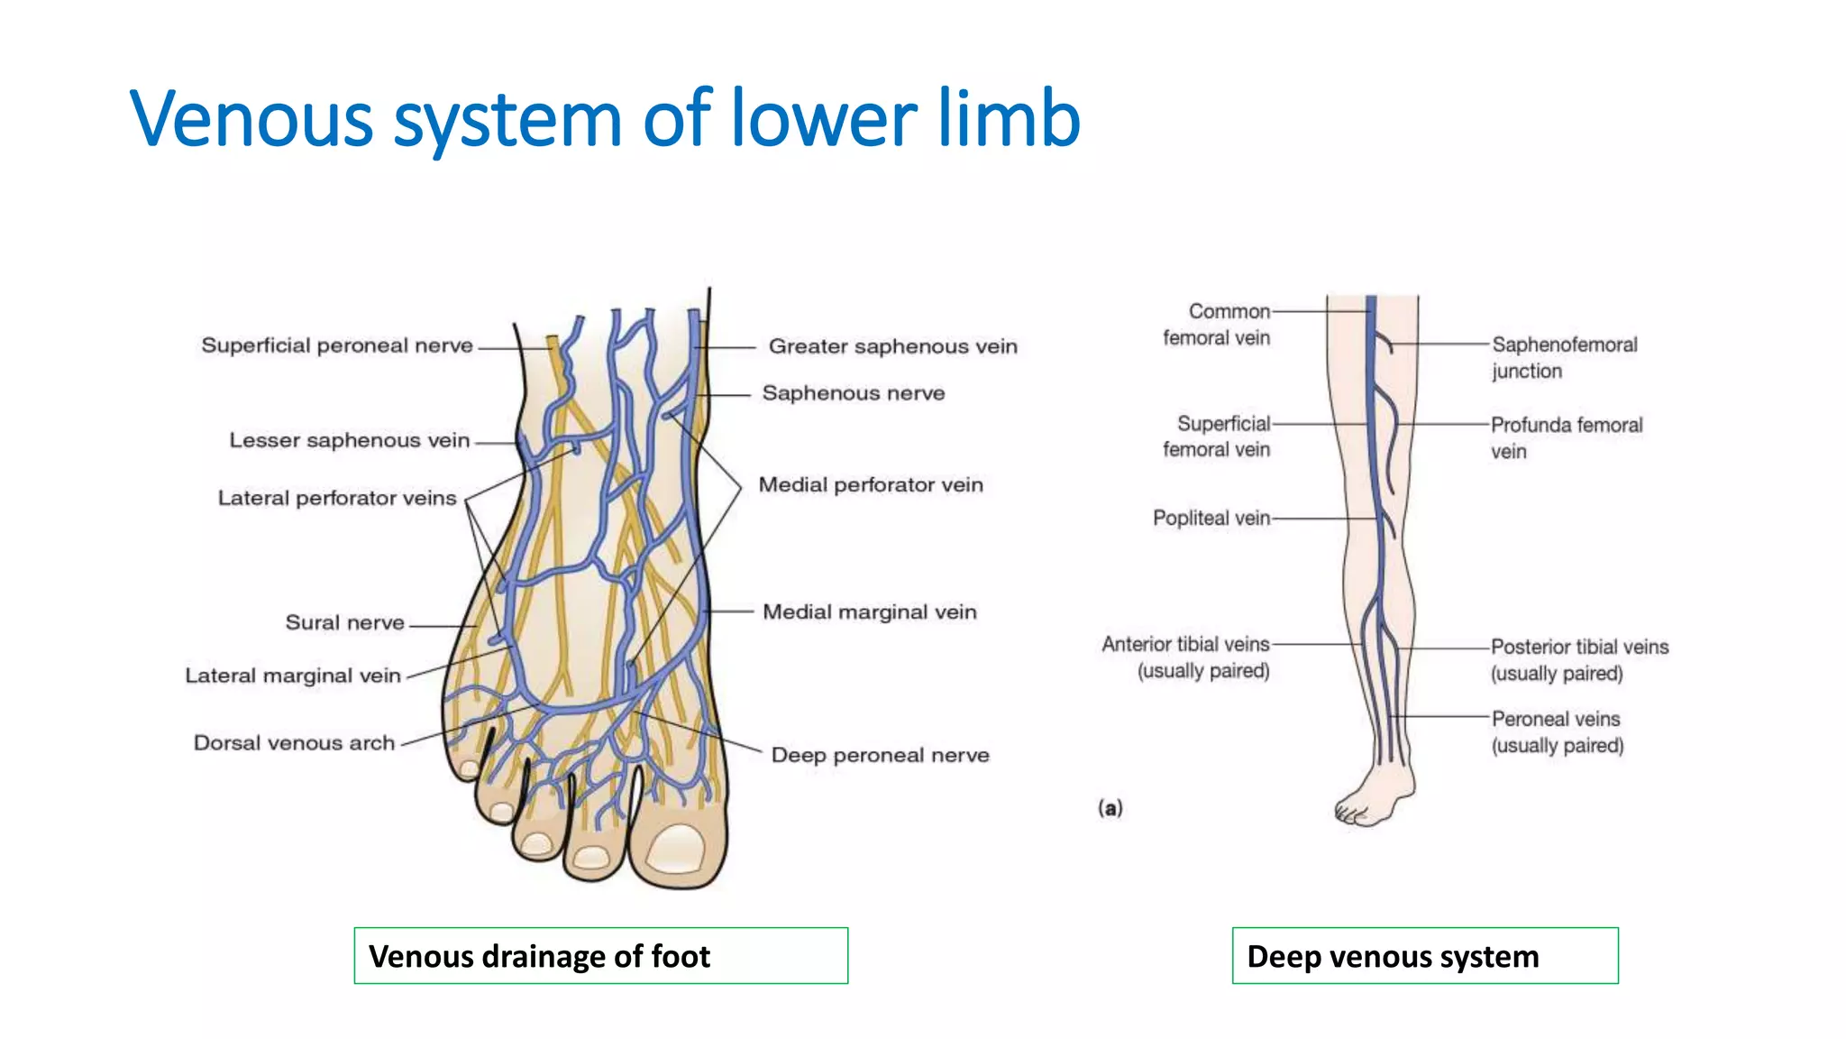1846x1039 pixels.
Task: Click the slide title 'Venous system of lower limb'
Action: coord(605,118)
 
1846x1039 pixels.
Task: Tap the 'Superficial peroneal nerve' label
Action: coord(337,345)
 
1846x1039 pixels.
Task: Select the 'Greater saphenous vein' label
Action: coord(892,346)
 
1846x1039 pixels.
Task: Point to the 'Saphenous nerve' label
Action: coord(854,393)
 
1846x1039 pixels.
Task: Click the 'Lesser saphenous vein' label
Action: coord(350,440)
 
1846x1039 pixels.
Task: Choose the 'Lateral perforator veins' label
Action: coord(337,498)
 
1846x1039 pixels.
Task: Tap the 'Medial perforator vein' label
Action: coord(871,485)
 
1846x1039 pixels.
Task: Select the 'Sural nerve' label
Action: coord(345,622)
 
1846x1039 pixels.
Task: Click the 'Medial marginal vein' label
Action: coord(870,612)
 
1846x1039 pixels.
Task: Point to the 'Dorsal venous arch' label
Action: coord(295,743)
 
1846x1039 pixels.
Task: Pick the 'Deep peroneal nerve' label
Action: coord(880,755)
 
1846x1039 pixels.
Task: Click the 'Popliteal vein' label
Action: coord(1211,518)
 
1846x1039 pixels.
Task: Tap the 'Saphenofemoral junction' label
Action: coord(1565,357)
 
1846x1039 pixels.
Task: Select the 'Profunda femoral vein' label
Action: coord(1567,437)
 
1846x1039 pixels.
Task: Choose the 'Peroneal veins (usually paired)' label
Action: coord(1558,731)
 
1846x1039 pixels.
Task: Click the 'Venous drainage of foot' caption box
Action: coord(601,956)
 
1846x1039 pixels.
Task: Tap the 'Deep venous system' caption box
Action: coord(1425,956)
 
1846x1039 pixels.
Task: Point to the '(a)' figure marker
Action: coord(1110,808)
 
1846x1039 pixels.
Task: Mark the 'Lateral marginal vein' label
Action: coord(293,676)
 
